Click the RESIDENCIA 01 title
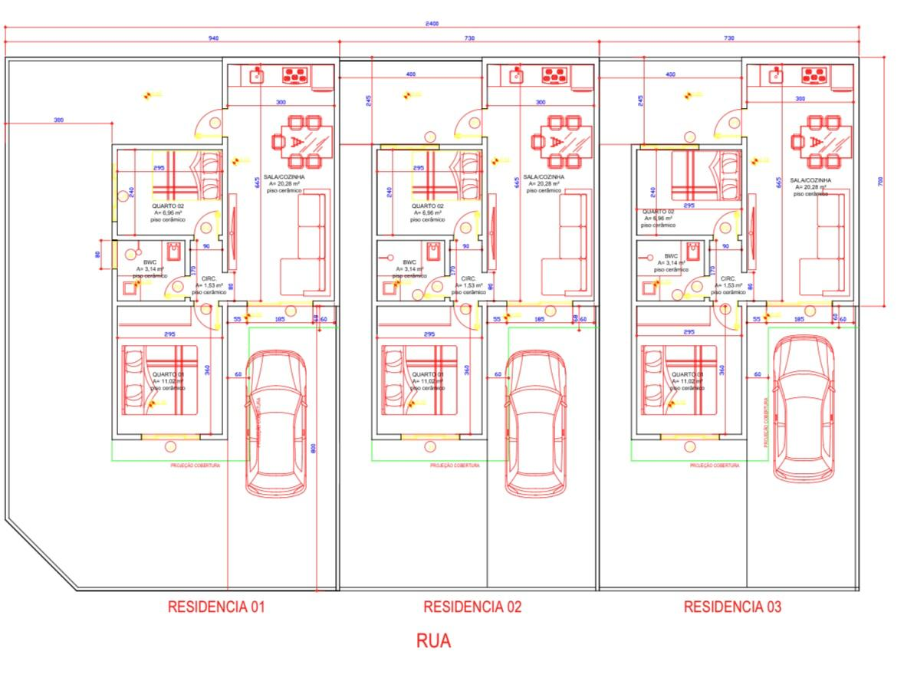tap(216, 607)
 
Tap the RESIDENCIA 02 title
tap(472, 607)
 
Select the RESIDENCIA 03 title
tap(732, 607)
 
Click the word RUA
tap(433, 641)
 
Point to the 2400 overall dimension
tap(432, 24)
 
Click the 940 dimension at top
tap(214, 38)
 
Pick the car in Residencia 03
tap(803, 408)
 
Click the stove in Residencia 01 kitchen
tap(295, 75)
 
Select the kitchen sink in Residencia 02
tap(518, 75)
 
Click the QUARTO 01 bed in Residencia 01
tap(159, 380)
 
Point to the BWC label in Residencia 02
tap(409, 262)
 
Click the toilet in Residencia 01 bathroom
tap(173, 251)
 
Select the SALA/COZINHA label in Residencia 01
tap(284, 176)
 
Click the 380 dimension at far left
tap(58, 120)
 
